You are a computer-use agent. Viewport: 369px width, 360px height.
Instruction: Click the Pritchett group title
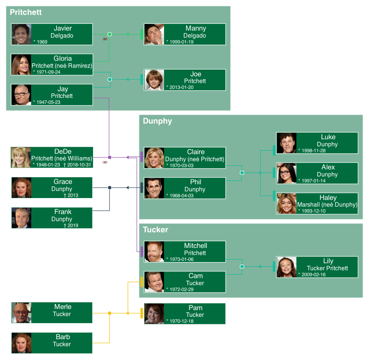pos(26,12)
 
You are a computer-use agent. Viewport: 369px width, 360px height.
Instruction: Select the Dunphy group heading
pos(157,121)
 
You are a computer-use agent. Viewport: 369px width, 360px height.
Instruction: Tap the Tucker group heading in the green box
pos(155,230)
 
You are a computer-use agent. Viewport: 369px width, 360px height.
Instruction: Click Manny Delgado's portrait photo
pos(154,34)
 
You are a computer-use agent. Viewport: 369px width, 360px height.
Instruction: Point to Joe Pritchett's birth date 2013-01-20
pos(182,87)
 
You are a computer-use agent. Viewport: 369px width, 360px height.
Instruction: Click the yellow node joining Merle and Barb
pos(110,313)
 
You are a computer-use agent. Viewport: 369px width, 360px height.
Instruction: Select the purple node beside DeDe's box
pos(110,157)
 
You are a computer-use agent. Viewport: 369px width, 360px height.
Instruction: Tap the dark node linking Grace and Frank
pos(110,188)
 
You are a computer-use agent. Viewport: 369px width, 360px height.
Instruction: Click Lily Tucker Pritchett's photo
pos(286,267)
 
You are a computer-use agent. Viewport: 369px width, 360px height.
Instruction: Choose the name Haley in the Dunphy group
pos(328,198)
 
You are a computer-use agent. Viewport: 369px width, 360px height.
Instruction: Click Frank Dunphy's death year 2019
pos(71,226)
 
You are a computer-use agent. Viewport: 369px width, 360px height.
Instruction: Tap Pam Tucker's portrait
pos(154,314)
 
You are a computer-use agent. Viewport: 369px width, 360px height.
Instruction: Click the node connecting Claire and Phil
pos(242,173)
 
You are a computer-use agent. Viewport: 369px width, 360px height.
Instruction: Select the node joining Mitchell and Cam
pos(242,267)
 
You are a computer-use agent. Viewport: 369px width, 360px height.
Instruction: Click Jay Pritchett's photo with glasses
pos(21,95)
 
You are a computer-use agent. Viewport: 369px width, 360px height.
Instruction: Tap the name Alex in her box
pos(328,167)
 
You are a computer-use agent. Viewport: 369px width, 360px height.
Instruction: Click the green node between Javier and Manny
pos(109,34)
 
